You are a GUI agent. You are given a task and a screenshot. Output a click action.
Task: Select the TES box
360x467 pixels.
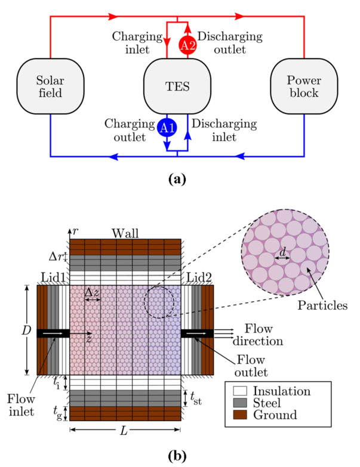click(x=177, y=87)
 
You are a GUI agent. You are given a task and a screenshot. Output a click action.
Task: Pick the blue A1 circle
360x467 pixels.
click(x=167, y=128)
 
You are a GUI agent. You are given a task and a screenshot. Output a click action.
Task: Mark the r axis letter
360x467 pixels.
click(x=76, y=231)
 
